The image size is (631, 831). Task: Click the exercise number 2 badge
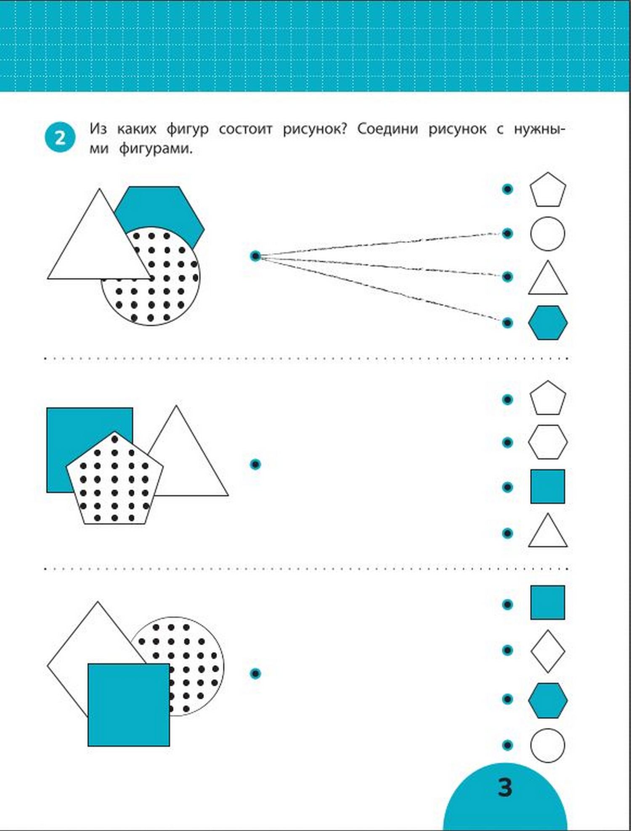pyautogui.click(x=60, y=137)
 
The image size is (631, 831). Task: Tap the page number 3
pyautogui.click(x=505, y=787)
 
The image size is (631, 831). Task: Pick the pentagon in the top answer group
pyautogui.click(x=547, y=190)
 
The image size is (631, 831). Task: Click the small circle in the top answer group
pyautogui.click(x=547, y=234)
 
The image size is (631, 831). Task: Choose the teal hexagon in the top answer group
pyautogui.click(x=548, y=322)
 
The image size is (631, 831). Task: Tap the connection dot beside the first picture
pyautogui.click(x=255, y=256)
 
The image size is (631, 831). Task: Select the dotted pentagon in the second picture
pyautogui.click(x=114, y=479)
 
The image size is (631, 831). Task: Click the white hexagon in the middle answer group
pyautogui.click(x=548, y=442)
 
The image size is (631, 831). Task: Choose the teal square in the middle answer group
pyautogui.click(x=547, y=486)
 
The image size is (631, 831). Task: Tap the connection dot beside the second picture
pyautogui.click(x=255, y=464)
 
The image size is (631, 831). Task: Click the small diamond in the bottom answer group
pyautogui.click(x=547, y=651)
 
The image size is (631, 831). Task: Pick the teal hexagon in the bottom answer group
pyautogui.click(x=548, y=700)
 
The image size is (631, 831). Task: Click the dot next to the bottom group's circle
pyautogui.click(x=508, y=745)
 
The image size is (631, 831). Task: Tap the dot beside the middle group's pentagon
pyautogui.click(x=508, y=399)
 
